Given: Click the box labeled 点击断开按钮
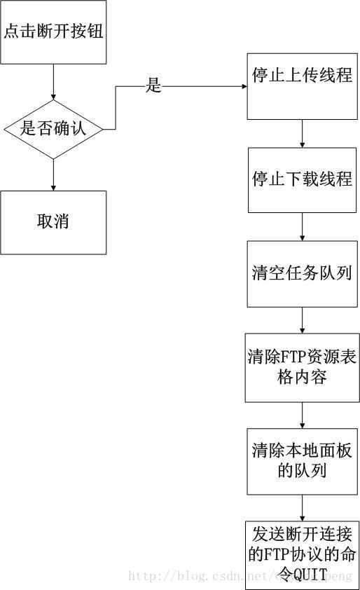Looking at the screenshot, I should tap(53, 32).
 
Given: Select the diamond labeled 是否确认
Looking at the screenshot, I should tap(53, 129).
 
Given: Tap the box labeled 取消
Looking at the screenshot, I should tap(53, 222).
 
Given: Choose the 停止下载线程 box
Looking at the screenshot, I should tap(302, 179).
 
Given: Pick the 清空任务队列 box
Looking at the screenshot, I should tap(302, 273).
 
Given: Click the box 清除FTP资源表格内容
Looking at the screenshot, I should tap(302, 367).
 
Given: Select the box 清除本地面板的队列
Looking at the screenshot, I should tap(302, 460).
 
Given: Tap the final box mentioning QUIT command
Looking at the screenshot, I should tap(302, 554).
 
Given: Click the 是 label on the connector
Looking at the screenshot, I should tap(153, 86).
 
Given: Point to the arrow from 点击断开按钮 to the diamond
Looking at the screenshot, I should tap(53, 83).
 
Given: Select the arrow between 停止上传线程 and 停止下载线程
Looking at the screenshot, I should tap(302, 132).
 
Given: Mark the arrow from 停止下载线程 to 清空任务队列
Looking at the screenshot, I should tap(302, 226).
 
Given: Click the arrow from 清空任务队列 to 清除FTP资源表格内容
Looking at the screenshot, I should tap(302, 320).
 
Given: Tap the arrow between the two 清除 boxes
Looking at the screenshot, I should tap(302, 414).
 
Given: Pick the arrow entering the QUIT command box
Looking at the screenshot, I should tap(302, 507).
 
